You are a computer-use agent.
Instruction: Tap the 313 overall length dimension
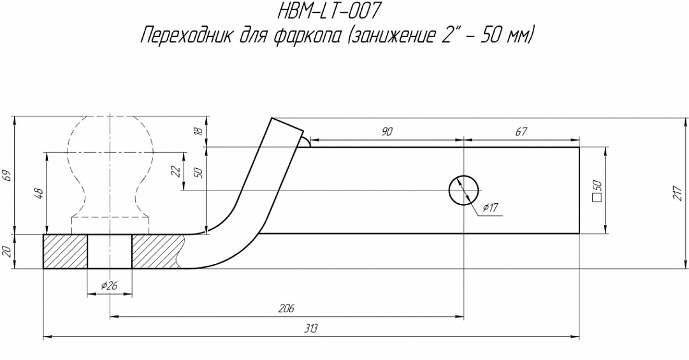point(311,329)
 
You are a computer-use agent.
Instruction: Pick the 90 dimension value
point(386,131)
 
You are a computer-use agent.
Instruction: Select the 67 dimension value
point(521,131)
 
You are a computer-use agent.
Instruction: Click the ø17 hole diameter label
point(490,208)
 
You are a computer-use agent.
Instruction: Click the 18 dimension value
point(198,131)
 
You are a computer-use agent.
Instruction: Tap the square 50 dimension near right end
point(597,190)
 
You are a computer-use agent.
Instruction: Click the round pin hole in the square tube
point(464,190)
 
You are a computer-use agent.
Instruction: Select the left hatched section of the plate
point(65,252)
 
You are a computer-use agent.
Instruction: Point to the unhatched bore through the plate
point(110,252)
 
